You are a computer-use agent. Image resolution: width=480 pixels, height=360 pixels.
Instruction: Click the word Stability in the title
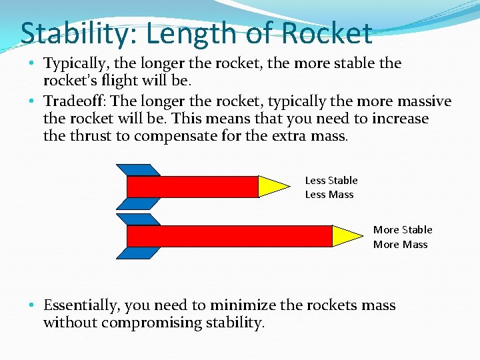71,33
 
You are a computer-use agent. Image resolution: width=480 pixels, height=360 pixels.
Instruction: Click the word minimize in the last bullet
243,306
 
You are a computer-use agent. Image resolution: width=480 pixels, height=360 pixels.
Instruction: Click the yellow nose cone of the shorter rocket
273,187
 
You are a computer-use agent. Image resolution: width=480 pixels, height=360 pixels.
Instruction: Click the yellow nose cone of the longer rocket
347,236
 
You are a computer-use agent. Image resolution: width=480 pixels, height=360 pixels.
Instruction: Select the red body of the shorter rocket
192,187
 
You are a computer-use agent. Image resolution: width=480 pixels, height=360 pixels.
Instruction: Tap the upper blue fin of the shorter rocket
138,169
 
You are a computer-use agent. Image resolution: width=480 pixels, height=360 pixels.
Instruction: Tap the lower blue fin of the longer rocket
138,253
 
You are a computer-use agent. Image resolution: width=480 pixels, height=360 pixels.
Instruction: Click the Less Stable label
331,180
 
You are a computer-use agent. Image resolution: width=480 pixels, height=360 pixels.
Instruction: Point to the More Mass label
400,245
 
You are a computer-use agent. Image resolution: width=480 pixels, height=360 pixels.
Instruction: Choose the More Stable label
403,229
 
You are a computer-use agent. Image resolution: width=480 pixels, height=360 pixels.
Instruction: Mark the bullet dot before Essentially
32,306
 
